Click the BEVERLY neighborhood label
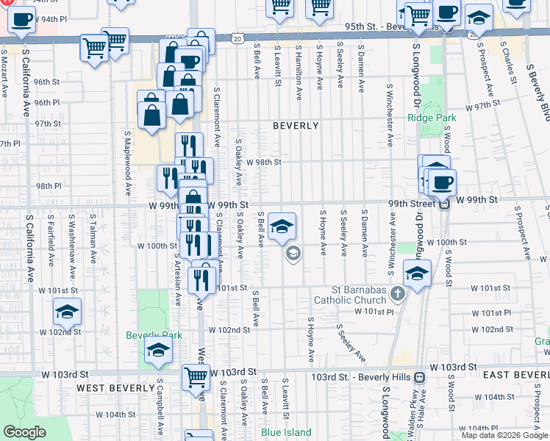[296, 126]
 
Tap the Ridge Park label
[432, 118]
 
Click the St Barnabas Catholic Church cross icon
[398, 294]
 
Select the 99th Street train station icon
[445, 204]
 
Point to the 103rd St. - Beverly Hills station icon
[419, 377]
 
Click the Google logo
[24, 432]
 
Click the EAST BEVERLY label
[516, 375]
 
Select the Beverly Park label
[154, 335]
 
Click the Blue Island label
[286, 432]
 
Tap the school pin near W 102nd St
[67, 312]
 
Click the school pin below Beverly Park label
[157, 352]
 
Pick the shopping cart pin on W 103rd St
[196, 376]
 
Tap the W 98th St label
[264, 162]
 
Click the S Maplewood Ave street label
[127, 164]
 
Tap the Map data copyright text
[504, 435]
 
